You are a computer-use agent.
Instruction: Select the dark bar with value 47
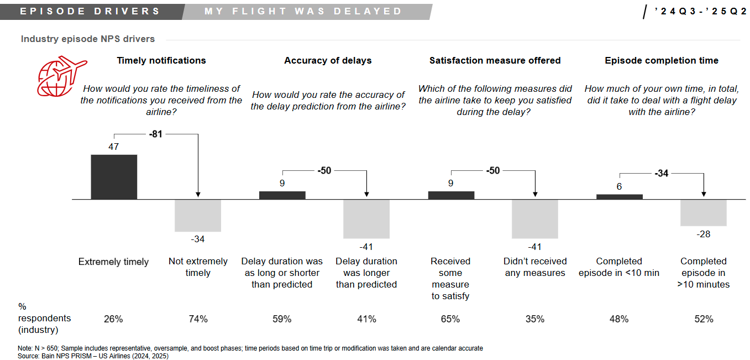point(114,176)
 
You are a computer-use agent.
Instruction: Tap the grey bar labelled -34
point(198,215)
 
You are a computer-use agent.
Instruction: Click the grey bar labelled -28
point(703,212)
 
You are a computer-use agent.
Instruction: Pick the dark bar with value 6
point(619,196)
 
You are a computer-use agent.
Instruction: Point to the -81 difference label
point(155,133)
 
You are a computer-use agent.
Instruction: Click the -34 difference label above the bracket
point(661,173)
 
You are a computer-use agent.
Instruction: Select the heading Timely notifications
point(161,61)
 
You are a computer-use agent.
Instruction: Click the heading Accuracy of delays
point(328,61)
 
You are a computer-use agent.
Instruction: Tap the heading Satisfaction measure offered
point(495,61)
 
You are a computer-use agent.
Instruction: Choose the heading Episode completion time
point(662,61)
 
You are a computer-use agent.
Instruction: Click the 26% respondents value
point(113,319)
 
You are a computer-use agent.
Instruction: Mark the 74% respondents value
point(198,319)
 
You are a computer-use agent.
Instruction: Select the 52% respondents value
point(703,319)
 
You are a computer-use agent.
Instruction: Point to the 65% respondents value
point(450,319)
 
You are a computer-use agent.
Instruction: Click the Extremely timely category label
point(113,262)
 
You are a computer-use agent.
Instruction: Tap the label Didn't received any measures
point(535,267)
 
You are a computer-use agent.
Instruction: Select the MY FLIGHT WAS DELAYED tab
point(303,11)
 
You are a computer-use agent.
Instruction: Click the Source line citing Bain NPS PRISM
point(93,356)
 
